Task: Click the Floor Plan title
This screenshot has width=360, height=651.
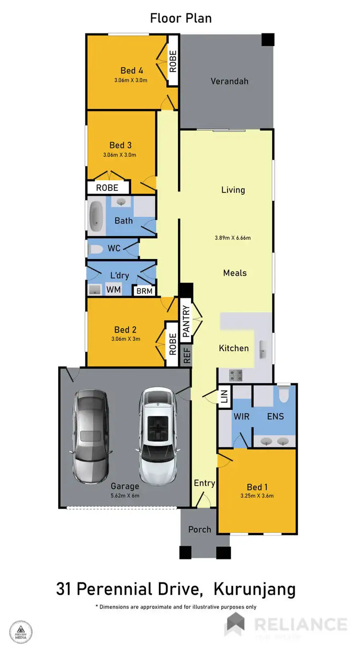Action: [x=181, y=18]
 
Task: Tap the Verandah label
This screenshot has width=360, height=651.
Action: [x=229, y=81]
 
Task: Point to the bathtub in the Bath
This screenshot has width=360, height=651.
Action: [x=97, y=215]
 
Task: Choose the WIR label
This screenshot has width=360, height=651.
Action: [x=241, y=416]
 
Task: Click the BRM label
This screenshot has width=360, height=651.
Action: [x=144, y=291]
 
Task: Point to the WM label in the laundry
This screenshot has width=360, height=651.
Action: [x=113, y=290]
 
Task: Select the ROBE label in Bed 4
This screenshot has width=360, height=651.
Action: [x=172, y=61]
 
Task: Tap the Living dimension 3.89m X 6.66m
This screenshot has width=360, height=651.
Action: [x=233, y=237]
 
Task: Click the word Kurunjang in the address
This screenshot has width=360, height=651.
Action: [x=254, y=589]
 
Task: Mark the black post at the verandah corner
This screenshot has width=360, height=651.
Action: [x=267, y=40]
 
